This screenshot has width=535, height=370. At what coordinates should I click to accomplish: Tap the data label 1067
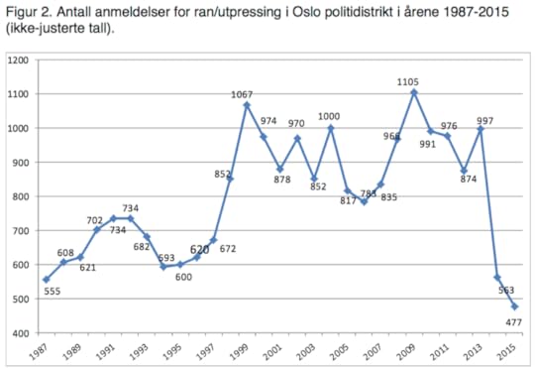(x=245, y=94)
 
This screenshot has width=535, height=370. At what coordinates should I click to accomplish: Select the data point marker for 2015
(x=515, y=307)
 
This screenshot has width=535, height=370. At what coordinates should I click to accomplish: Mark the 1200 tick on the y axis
(x=17, y=60)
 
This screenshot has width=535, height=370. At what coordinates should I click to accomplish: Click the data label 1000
(x=330, y=116)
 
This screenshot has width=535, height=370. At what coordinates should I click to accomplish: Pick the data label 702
(x=95, y=219)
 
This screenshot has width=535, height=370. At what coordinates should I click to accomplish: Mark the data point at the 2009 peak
(x=414, y=92)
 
